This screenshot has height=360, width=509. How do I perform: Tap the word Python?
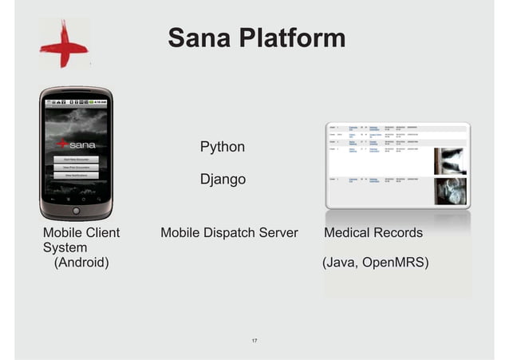[222, 147]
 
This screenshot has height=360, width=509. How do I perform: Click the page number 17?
[254, 342]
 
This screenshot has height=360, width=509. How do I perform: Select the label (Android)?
[81, 262]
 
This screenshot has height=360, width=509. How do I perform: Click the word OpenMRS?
[395, 262]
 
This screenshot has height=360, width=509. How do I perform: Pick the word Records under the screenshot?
[398, 233]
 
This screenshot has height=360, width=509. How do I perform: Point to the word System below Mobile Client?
[65, 247]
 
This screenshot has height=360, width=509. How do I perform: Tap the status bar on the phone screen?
[77, 101]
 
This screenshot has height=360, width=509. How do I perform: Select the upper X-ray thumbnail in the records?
[450, 160]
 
